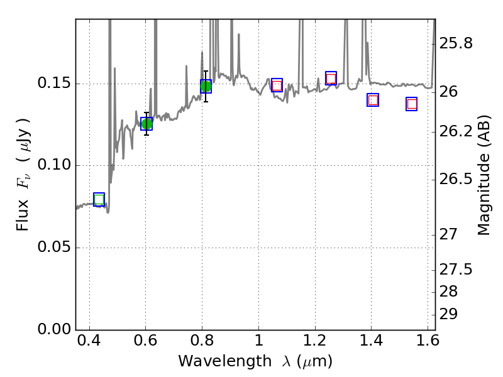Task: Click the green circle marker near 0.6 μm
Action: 146,124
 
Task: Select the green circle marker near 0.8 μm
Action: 206,86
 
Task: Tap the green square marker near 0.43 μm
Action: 99,200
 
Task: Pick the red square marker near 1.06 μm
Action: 277,85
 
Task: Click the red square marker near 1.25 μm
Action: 331,79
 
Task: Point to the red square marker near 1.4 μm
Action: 373,100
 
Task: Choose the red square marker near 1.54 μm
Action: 412,104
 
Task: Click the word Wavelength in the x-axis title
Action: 213,361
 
